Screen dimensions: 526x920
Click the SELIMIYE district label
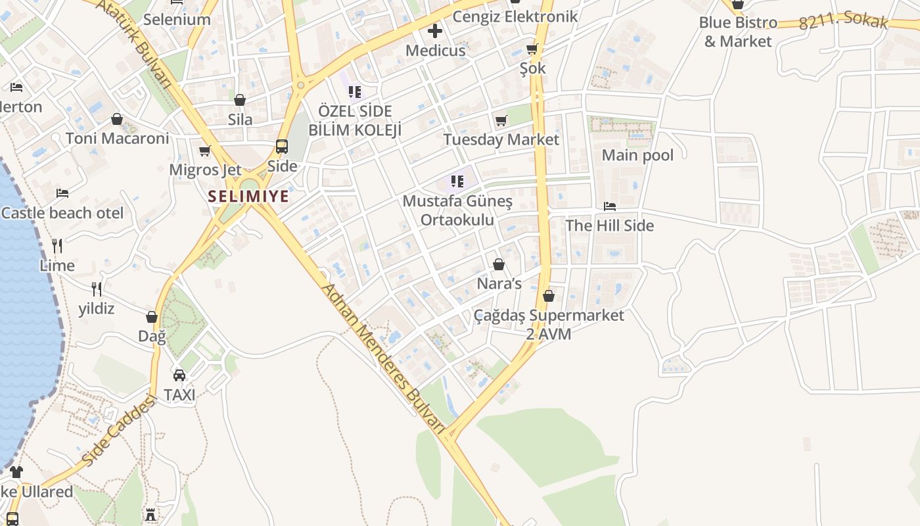click(248, 196)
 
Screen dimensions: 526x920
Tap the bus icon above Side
click(282, 147)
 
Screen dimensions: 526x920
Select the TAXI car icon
click(179, 375)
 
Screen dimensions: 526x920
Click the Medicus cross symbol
click(435, 31)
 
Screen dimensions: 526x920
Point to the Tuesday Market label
click(501, 139)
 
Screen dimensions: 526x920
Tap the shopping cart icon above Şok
click(532, 49)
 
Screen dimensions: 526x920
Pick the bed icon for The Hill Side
click(610, 206)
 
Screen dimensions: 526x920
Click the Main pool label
click(637, 155)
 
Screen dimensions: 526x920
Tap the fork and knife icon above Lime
click(57, 246)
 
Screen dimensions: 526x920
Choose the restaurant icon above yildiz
click(97, 289)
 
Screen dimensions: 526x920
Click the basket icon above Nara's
click(499, 264)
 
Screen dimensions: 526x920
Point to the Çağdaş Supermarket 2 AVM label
click(549, 324)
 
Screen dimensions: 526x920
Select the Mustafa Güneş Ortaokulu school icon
click(457, 181)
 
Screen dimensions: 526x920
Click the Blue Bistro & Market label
click(738, 32)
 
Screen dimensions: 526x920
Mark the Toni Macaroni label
click(117, 138)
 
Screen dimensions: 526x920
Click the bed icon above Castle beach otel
click(62, 193)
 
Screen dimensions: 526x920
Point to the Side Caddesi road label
click(119, 431)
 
